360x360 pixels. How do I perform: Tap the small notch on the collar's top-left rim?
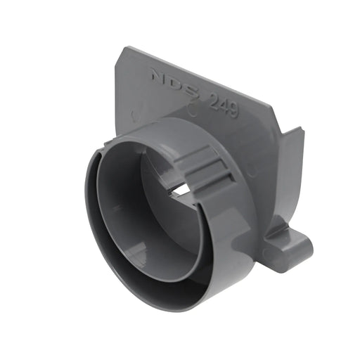pyautogui.click(x=106, y=146)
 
